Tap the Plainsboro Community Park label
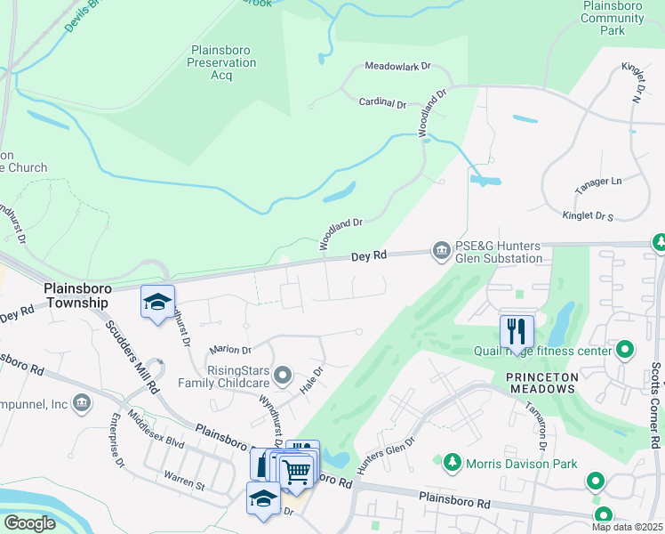612,18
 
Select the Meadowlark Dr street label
397,67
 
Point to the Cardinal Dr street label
382,103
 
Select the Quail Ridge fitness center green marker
625,351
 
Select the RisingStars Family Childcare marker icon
283,376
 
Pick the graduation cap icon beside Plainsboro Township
157,302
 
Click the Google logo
29,523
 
